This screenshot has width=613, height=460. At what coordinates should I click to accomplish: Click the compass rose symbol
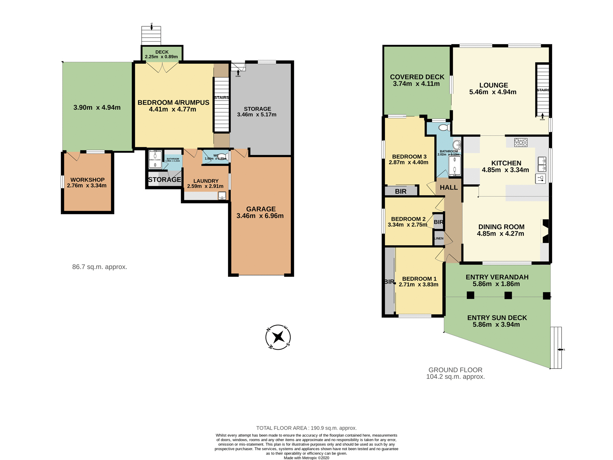tap(278, 337)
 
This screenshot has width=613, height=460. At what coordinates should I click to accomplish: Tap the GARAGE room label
tap(261, 209)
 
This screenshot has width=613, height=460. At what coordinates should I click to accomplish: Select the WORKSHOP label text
tap(87, 180)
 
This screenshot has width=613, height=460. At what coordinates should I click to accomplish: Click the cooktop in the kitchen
tap(521, 142)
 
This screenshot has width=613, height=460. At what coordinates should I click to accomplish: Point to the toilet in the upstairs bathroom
tap(444, 128)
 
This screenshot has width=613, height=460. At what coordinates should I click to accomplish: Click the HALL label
tap(449, 188)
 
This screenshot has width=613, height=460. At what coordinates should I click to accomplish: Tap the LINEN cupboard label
tap(439, 239)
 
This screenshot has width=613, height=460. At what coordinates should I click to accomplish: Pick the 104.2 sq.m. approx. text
tap(455, 377)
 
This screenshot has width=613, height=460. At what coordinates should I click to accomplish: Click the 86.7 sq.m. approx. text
tap(100, 267)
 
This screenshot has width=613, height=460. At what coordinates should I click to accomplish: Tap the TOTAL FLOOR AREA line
tap(306, 428)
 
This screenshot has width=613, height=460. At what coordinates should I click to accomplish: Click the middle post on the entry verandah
tap(508, 295)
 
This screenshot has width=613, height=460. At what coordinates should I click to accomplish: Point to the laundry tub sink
tap(222, 195)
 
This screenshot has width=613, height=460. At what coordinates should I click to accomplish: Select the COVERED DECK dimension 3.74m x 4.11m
tap(416, 84)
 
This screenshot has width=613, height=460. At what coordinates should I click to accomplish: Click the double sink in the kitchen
tap(542, 164)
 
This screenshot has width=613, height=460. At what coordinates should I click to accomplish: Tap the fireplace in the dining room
tap(545, 231)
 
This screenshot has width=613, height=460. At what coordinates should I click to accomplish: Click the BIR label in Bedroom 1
tap(389, 282)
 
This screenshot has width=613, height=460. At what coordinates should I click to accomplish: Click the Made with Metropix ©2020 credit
tap(306, 458)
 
